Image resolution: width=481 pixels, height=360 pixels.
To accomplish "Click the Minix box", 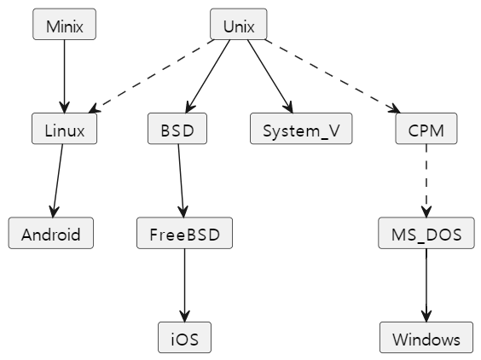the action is [65, 24].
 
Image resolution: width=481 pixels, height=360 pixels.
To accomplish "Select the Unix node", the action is [239, 24].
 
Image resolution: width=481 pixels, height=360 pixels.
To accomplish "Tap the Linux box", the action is [65, 129].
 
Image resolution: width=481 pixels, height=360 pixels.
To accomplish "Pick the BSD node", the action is [177, 129].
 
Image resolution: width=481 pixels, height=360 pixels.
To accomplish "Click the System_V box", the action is [301, 129].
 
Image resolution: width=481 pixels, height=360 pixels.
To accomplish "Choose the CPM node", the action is [426, 129].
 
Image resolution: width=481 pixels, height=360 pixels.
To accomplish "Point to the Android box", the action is [51, 233].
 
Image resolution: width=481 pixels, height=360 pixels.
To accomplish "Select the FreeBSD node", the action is [185, 233].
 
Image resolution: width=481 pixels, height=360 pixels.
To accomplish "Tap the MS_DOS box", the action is [426, 233].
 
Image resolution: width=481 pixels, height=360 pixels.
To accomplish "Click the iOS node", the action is [185, 337].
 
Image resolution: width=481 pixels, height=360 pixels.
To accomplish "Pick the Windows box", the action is [426, 337].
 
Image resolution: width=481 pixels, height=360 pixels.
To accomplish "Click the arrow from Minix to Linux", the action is [65, 77].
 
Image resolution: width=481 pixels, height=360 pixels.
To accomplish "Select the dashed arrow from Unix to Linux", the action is [151, 77].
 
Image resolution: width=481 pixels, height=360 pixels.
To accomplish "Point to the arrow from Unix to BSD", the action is [208, 77].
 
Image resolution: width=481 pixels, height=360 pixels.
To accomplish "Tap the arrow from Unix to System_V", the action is [270, 77].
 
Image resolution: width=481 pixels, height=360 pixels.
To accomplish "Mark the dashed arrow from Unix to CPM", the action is [333, 77].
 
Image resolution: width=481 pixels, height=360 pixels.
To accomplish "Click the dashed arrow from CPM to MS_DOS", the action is [426, 181].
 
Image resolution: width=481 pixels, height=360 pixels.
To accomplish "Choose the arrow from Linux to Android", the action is [58, 181].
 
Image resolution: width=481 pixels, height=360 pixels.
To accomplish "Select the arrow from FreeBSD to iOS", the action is [185, 285].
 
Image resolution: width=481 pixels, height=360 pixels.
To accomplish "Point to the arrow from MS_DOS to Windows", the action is [426, 285].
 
